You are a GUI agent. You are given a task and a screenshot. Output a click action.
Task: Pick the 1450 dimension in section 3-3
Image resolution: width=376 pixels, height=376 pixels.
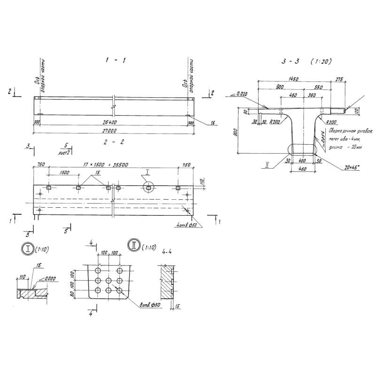(294, 78)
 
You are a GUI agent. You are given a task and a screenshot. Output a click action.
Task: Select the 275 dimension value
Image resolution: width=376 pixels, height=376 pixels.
(338, 78)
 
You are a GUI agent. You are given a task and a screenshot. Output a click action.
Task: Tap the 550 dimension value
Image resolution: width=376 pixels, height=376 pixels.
(319, 87)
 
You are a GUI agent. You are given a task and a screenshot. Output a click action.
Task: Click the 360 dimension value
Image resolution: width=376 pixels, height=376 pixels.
(310, 96)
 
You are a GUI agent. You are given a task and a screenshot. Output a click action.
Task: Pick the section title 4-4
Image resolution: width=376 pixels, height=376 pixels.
(166, 252)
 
